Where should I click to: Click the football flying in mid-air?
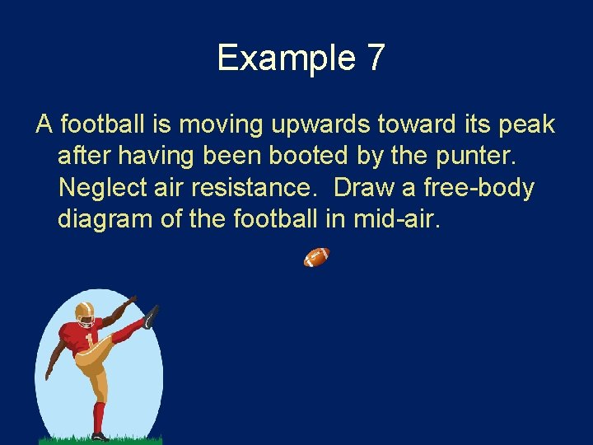[316, 258]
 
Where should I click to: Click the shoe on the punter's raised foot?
[150, 316]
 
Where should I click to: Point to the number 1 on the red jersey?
[89, 338]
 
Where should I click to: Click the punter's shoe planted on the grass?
[100, 436]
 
